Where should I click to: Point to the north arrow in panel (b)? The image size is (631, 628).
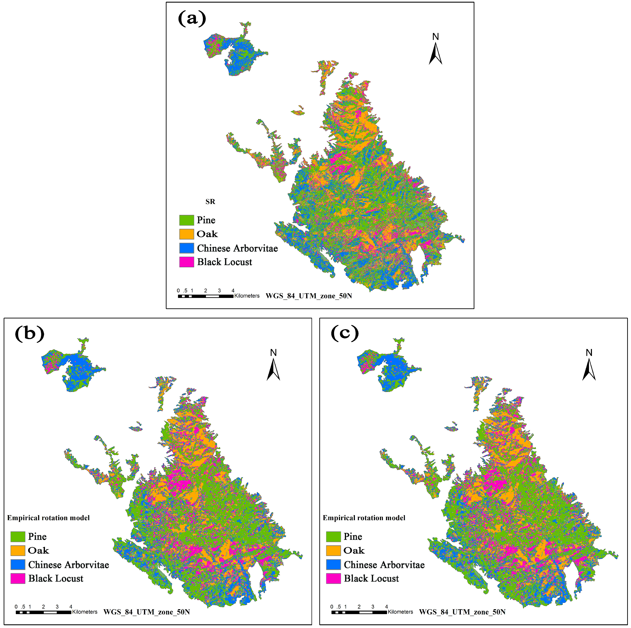pyautogui.click(x=273, y=368)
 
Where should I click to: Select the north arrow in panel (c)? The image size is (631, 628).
pyautogui.click(x=589, y=368)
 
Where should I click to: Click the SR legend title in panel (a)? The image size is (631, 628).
pyautogui.click(x=210, y=202)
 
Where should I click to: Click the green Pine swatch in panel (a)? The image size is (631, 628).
pyautogui.click(x=186, y=220)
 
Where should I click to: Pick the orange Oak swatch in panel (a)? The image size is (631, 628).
pyautogui.click(x=186, y=234)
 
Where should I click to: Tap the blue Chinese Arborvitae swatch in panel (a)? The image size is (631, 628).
pyautogui.click(x=186, y=248)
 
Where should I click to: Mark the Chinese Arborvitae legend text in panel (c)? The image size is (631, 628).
pyautogui.click(x=384, y=565)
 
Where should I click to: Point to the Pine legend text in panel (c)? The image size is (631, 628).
pyautogui.click(x=353, y=536)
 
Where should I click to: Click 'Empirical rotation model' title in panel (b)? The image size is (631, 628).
pyautogui.click(x=48, y=518)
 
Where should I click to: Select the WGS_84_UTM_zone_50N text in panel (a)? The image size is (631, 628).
pyautogui.click(x=309, y=296)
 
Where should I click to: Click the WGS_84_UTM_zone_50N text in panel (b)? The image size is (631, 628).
pyautogui.click(x=147, y=612)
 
